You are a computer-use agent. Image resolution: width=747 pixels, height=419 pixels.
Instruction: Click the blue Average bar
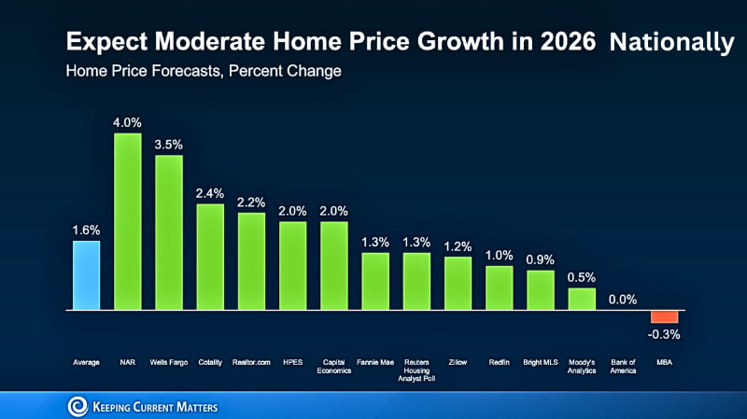(x=86, y=274)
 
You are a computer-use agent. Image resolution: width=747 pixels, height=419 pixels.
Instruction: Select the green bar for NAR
(x=127, y=220)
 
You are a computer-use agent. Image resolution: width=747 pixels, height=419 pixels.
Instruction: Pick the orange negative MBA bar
(x=664, y=315)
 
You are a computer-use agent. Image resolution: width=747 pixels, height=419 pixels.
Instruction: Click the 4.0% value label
(x=127, y=122)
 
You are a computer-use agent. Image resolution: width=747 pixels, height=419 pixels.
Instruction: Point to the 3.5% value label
(x=168, y=145)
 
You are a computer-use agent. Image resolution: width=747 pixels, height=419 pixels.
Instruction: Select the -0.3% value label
(x=664, y=334)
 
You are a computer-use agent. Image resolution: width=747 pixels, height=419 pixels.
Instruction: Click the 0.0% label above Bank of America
(x=623, y=299)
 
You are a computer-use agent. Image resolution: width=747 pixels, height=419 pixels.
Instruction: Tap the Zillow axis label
(x=458, y=361)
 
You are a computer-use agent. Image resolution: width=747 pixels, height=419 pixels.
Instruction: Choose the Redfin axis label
(x=499, y=361)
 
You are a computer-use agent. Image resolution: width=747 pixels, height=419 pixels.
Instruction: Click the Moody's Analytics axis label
(x=582, y=365)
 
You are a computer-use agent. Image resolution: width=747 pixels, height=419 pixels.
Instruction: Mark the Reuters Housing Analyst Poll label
(x=416, y=369)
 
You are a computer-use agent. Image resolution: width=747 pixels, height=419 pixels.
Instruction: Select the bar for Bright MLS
(x=540, y=289)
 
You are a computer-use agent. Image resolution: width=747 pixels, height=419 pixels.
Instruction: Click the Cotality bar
(x=210, y=256)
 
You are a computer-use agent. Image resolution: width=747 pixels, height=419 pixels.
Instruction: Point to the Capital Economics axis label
(x=333, y=365)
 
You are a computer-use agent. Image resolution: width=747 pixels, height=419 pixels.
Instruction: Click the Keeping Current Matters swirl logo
(x=78, y=406)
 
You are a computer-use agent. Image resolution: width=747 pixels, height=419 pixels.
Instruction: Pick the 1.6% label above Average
(x=86, y=230)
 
